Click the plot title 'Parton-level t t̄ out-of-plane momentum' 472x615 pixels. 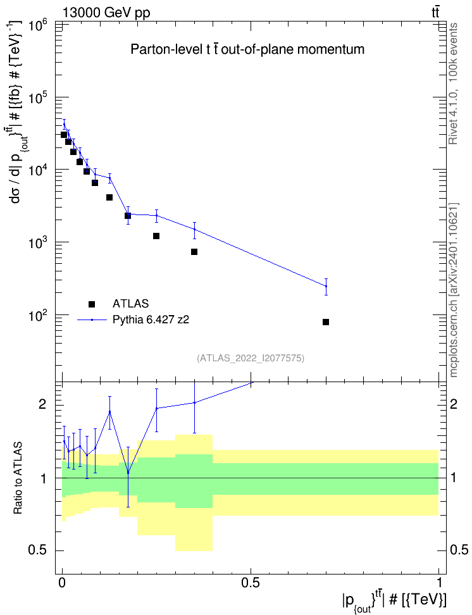tap(247, 49)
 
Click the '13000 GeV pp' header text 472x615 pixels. tap(106, 13)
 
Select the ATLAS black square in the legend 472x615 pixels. tap(92, 304)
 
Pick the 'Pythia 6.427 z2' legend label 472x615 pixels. tap(151, 320)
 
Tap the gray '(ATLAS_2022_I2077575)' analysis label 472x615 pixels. tap(251, 357)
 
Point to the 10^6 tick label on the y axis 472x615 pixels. tap(38, 27)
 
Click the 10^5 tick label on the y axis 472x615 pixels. tap(38, 99)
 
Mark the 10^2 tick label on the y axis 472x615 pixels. tap(38, 316)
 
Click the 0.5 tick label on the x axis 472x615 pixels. tap(251, 582)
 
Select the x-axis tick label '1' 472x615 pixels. tap(438, 582)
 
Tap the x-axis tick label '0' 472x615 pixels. tap(62, 582)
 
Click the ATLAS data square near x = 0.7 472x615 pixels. tap(326, 322)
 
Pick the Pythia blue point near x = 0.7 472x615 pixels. tap(326, 287)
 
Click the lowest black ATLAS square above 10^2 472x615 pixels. tap(194, 252)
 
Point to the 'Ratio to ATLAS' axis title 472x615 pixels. tap(18, 478)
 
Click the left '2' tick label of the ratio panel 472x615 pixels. tap(42, 404)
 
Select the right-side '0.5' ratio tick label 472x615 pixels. tap(459, 550)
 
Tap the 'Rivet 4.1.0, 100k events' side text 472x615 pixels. tap(453, 84)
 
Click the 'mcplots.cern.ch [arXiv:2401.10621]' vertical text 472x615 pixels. tap(453, 290)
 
